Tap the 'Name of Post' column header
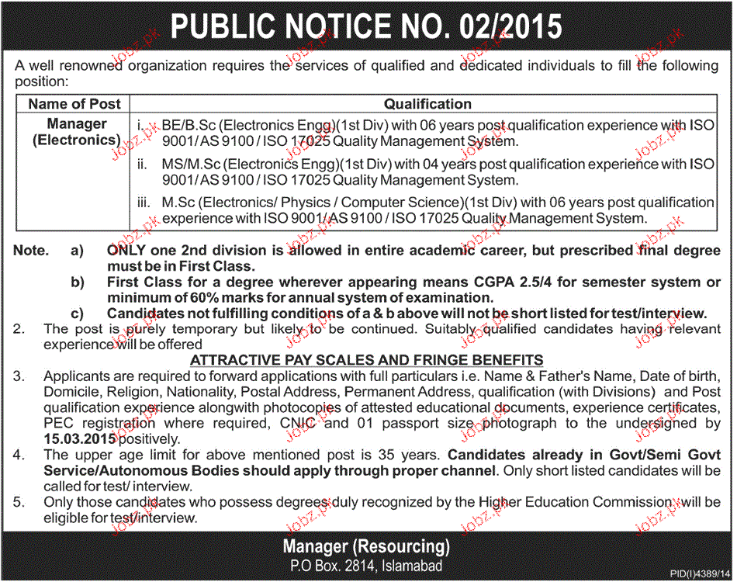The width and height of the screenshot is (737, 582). click(x=74, y=104)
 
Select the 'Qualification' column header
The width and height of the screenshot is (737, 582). click(x=427, y=104)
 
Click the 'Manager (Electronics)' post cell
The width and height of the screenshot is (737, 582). click(x=76, y=132)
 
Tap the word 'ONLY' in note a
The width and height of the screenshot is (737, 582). click(x=126, y=251)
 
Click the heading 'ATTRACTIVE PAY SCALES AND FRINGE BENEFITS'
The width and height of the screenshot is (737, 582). click(x=367, y=360)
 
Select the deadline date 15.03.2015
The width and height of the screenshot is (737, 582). click(x=80, y=439)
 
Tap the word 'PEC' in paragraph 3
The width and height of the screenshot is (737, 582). click(x=59, y=424)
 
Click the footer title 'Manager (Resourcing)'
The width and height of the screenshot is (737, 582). click(x=366, y=546)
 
